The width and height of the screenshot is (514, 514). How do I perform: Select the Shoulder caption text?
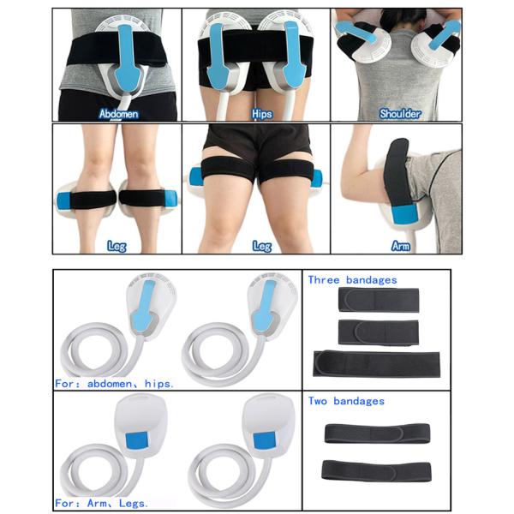pyautogui.click(x=399, y=112)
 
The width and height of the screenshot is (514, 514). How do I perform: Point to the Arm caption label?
pyautogui.click(x=400, y=246)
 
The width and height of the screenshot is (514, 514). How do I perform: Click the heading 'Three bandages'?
pyautogui.click(x=352, y=281)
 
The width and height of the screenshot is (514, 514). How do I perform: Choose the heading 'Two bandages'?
pyautogui.click(x=346, y=401)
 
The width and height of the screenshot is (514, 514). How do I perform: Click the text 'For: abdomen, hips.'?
pyautogui.click(x=115, y=384)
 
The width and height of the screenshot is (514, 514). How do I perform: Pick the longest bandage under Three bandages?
pyautogui.click(x=377, y=362)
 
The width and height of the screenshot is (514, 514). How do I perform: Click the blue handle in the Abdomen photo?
pyautogui.click(x=126, y=56)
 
